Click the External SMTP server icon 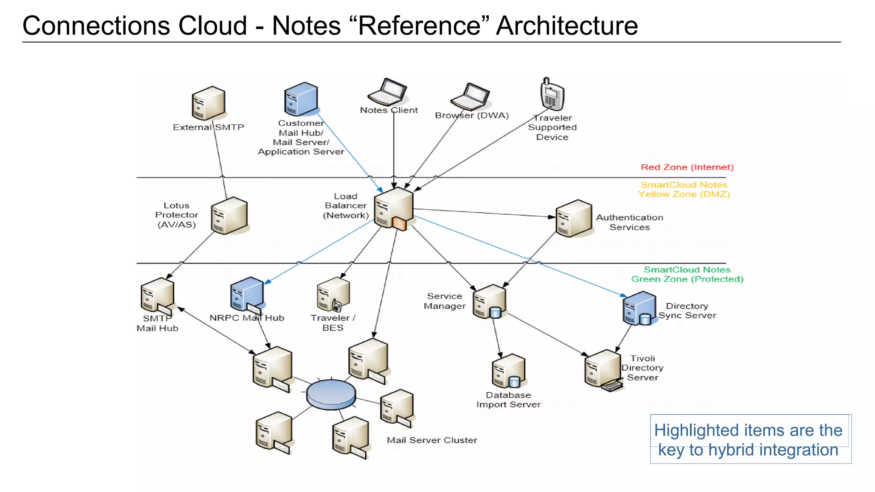click(x=208, y=103)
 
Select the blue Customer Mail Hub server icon click(x=301, y=99)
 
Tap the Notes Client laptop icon click(x=388, y=92)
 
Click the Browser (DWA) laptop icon click(x=470, y=97)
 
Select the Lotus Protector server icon click(x=229, y=216)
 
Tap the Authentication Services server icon click(x=574, y=218)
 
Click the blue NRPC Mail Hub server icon click(x=247, y=295)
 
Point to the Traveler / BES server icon click(x=333, y=295)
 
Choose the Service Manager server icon click(x=490, y=302)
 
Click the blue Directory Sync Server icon click(x=639, y=308)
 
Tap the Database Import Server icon click(x=508, y=371)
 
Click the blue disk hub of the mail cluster click(x=331, y=394)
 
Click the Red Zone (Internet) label click(x=687, y=167)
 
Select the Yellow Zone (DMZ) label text click(x=684, y=190)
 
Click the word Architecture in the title click(x=567, y=26)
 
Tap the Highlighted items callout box click(x=750, y=439)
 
